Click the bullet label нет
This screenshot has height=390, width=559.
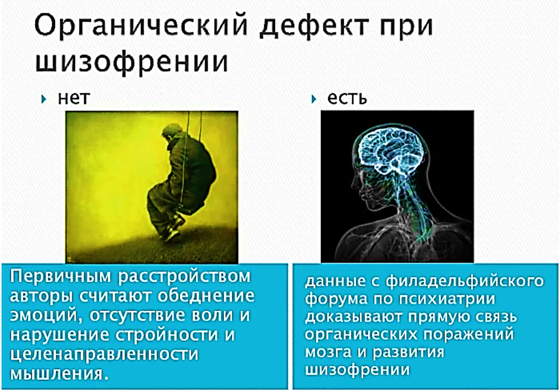click(73, 98)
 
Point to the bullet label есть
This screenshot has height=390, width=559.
click(347, 98)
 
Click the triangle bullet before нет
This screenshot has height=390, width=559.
click(45, 98)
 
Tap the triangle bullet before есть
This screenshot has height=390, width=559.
click(315, 98)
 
